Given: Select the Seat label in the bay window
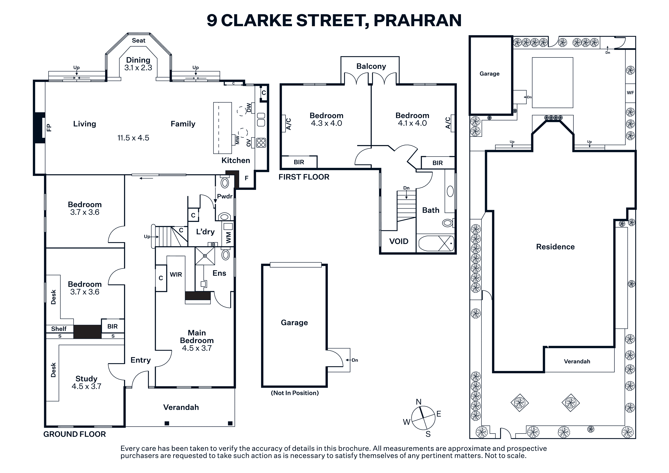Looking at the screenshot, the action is coord(138,40).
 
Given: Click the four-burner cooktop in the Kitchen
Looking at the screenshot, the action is coord(261,143).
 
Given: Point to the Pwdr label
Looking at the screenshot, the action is coord(225,196).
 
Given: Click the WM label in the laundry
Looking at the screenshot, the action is coord(228,238).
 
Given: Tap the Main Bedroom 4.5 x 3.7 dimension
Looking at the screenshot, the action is coord(197,348).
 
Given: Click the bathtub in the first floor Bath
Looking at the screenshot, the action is coord(436,243).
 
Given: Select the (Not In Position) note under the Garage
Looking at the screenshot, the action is coord(295,393).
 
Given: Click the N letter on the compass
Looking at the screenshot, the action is coord(419,402).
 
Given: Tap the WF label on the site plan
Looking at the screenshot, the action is coord(630,93).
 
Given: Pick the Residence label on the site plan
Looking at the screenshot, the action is coord(555,247).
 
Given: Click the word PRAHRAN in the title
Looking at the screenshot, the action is coord(417,20).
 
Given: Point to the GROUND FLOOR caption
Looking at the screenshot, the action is coord(75,434).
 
